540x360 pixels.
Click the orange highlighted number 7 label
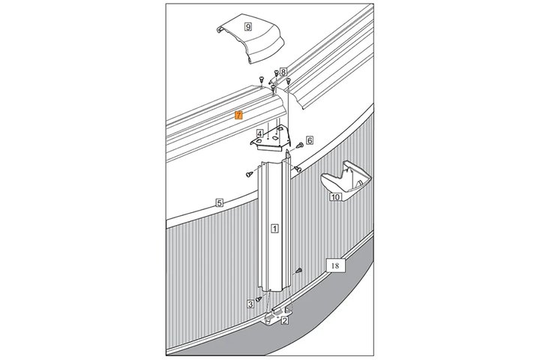238,115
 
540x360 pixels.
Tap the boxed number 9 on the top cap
248,26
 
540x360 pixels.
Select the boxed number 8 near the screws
283,72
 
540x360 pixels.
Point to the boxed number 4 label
260,133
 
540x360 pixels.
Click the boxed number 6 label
310,139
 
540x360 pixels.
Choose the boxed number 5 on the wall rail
219,202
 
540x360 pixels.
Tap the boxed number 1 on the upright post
274,228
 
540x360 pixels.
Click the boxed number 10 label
335,197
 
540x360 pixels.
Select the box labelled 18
335,265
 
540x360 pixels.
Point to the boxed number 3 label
250,304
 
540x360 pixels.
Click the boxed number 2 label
284,321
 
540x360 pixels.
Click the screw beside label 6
299,145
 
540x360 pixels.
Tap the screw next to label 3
259,299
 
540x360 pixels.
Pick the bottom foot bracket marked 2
278,315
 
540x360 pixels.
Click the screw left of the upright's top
249,174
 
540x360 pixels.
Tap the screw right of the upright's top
298,169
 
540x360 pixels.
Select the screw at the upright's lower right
298,271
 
